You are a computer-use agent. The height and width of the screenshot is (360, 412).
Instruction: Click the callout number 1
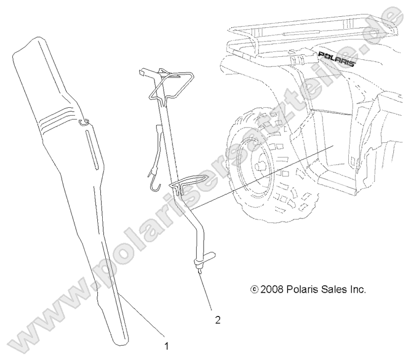tap(166, 346)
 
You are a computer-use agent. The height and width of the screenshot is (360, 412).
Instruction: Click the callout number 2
tap(218, 320)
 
